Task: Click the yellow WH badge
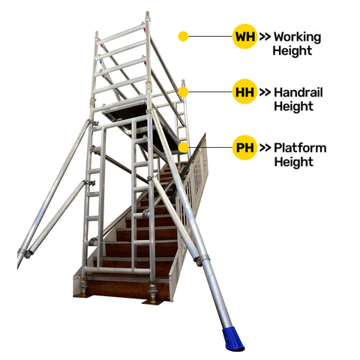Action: point(244,37)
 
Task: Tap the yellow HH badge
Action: point(244,91)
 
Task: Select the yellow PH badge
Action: point(244,147)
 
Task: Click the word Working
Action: point(297,37)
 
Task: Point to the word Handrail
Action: point(298,92)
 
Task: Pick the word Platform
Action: point(300,148)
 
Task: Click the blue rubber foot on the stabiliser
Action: point(233,338)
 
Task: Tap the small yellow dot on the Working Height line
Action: point(183,37)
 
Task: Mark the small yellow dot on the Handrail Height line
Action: point(183,92)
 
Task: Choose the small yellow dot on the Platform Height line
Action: point(184,148)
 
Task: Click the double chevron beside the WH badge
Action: point(265,37)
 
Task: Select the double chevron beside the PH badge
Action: point(265,148)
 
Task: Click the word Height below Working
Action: point(292,51)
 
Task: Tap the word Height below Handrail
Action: point(293,106)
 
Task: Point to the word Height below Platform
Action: point(294,162)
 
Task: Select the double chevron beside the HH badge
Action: point(265,92)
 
